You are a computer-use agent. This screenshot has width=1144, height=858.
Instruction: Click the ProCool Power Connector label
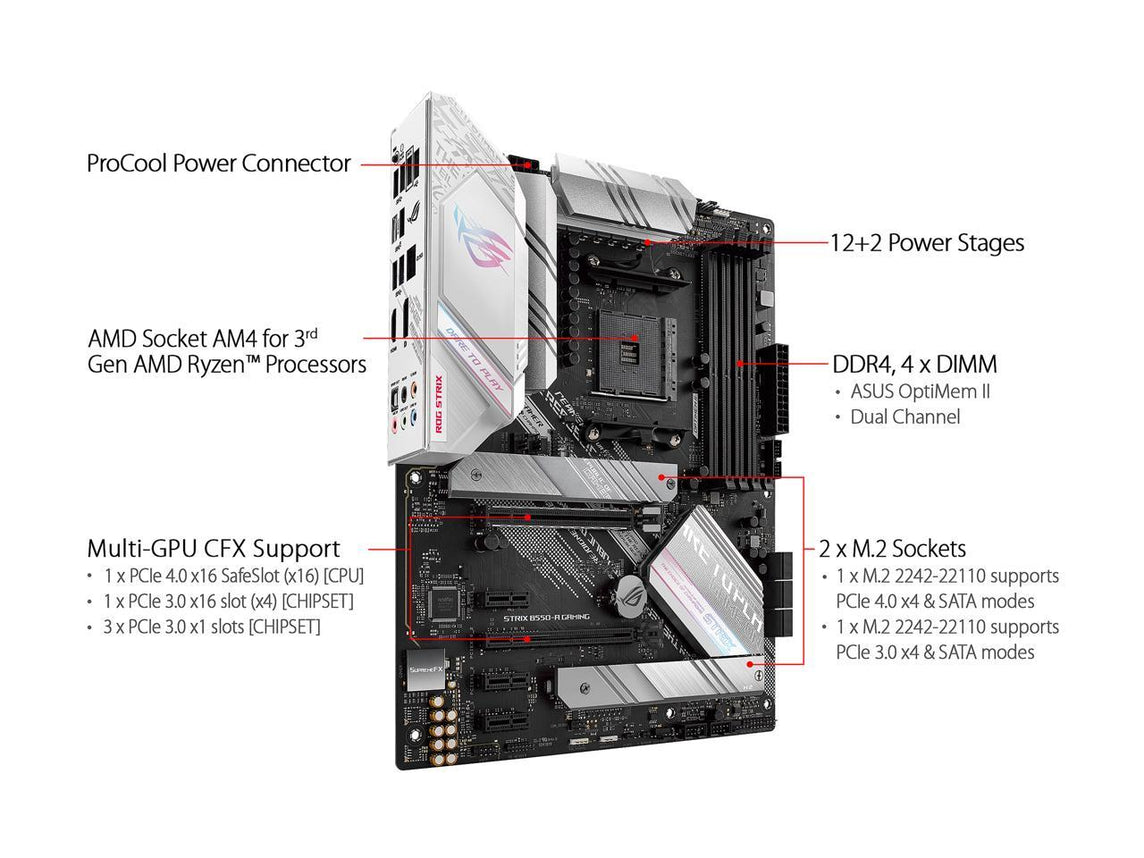coord(219,163)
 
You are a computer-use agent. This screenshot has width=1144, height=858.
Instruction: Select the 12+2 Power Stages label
coord(927,242)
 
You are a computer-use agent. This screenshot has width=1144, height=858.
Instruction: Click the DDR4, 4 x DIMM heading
coord(914,364)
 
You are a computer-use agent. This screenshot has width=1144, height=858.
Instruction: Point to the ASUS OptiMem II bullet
coord(920,391)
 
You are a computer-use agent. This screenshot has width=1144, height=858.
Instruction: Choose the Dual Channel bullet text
coord(904,417)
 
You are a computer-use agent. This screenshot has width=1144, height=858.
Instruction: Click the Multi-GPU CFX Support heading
coord(213,548)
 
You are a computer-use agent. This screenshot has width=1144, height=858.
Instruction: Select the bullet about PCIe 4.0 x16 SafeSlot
coord(234,577)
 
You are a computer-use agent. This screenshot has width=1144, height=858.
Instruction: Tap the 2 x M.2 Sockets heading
coord(893,548)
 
